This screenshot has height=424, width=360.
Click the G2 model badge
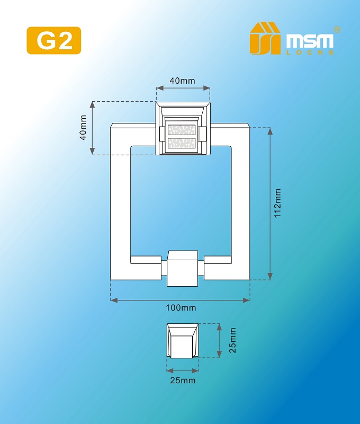pos(54,40)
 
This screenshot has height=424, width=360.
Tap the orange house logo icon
pos(265,38)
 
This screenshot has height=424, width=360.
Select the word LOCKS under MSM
pos(310,52)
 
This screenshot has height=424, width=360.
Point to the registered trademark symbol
pos(337,30)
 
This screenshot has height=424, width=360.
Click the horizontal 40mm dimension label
pos(183,81)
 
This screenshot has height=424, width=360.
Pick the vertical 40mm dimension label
pos(83,128)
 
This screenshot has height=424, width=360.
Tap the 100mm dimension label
pos(181,308)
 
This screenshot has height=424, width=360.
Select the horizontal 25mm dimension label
pos(183,381)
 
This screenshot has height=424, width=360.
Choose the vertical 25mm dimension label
pos(232,340)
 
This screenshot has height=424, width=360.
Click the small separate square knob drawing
pos(183,340)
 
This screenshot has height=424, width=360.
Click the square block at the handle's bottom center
pos(183,269)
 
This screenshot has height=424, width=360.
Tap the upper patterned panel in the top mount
pos(182,129)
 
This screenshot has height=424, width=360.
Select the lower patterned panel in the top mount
pos(182,143)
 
